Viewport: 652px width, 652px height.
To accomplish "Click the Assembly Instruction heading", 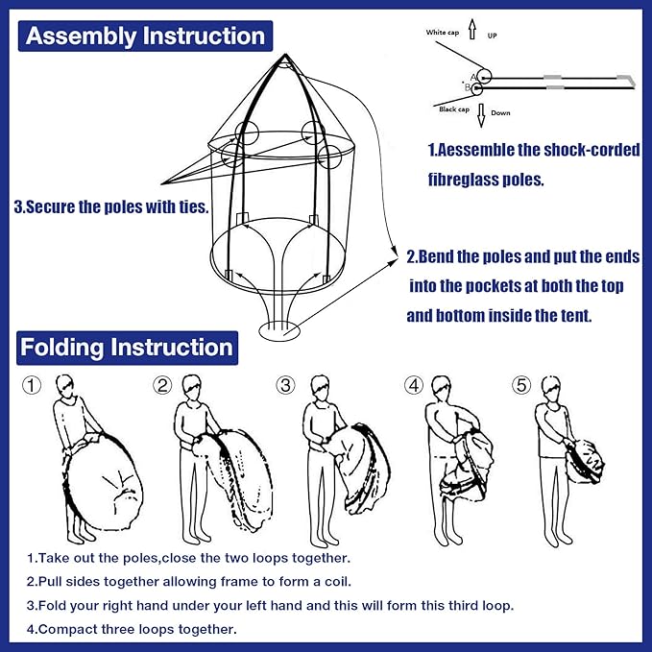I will pos(145,36).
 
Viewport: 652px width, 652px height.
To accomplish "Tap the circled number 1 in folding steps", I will pos(33,386).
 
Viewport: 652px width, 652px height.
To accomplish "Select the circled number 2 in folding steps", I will pos(163,386).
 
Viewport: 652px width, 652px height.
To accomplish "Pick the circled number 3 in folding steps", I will pos(285,386).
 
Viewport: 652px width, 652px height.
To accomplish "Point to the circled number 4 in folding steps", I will pos(414,386).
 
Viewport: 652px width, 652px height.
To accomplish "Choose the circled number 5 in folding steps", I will pos(521,386).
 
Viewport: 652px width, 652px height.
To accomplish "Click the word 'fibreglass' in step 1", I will pos(472,180).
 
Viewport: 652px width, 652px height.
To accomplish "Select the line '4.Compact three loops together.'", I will pos(131,629).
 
